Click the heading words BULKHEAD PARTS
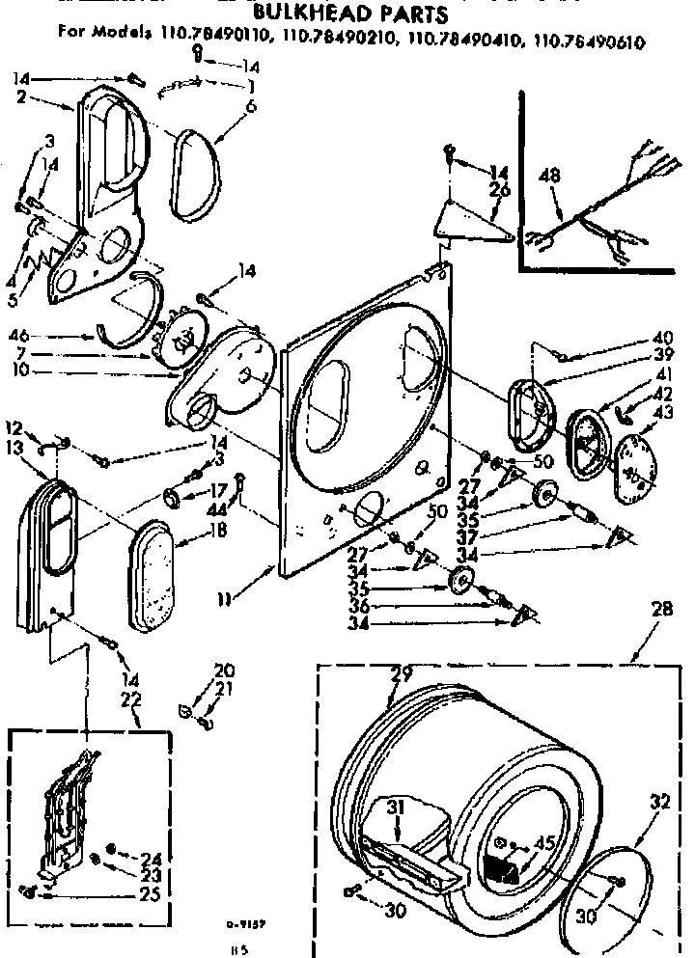tap(347, 14)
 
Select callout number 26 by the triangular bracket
tap(499, 189)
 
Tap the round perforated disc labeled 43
tap(633, 462)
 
